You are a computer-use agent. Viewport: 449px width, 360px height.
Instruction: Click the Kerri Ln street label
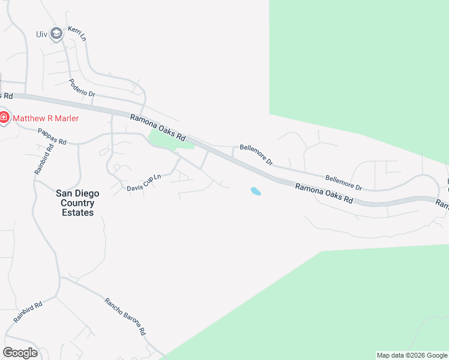pos(77,34)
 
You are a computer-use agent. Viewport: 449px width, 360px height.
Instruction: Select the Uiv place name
pos(41,34)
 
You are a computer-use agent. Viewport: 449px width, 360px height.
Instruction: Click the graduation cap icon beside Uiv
pos(56,34)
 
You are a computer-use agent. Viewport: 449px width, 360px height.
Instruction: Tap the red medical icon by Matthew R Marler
pos(4,118)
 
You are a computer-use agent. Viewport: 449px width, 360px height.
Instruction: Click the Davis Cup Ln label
pos(144,182)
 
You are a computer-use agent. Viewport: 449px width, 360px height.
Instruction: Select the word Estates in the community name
pos(77,212)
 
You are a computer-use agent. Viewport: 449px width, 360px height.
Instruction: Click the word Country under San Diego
pos(77,203)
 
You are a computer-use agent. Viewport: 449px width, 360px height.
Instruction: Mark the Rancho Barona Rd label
pos(125,316)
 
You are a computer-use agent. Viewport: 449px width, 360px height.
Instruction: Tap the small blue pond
pos(256,191)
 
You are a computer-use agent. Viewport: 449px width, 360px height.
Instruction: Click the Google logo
pos(20,352)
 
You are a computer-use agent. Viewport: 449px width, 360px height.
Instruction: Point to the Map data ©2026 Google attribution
pos(412,355)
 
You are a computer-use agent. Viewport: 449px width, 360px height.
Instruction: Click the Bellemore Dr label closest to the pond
pos(256,154)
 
